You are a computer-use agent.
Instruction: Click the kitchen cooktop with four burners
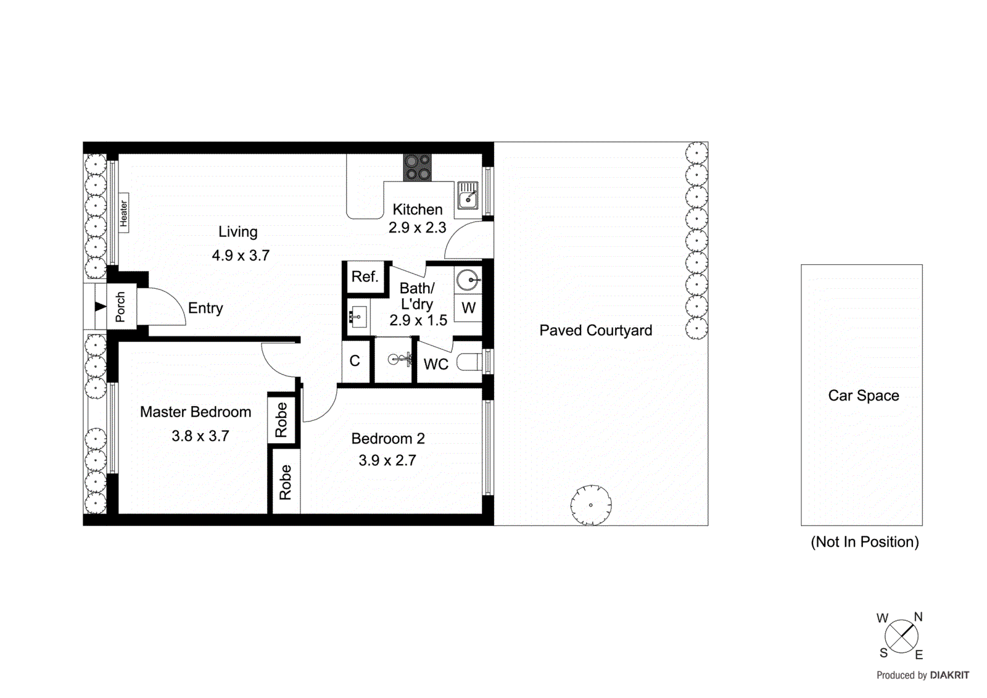pyautogui.click(x=417, y=168)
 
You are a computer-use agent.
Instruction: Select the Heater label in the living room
pyautogui.click(x=123, y=213)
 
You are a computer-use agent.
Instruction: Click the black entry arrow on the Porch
pyautogui.click(x=100, y=307)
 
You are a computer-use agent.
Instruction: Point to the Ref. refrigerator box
pyautogui.click(x=365, y=277)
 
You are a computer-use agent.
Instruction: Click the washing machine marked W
pyautogui.click(x=468, y=308)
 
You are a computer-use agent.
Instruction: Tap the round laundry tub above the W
pyautogui.click(x=468, y=280)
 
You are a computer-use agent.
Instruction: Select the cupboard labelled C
pyautogui.click(x=355, y=361)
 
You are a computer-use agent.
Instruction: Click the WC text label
pyautogui.click(x=436, y=365)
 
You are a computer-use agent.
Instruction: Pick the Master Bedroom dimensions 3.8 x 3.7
pyautogui.click(x=200, y=436)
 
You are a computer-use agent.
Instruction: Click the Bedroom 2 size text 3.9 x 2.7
pyautogui.click(x=387, y=460)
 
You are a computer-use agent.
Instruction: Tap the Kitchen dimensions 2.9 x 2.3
pyautogui.click(x=417, y=228)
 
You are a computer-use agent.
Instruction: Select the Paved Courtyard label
pyautogui.click(x=595, y=331)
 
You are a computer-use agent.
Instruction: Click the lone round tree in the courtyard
pyautogui.click(x=590, y=505)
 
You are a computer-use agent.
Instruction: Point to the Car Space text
pyautogui.click(x=863, y=396)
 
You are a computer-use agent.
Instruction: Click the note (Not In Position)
pyautogui.click(x=864, y=542)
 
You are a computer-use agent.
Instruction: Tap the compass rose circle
pyautogui.click(x=901, y=636)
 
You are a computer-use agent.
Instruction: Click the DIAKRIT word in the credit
pyautogui.click(x=949, y=675)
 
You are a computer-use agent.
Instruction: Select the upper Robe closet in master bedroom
pyautogui.click(x=282, y=419)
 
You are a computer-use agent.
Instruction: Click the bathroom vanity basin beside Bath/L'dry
pyautogui.click(x=358, y=318)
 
